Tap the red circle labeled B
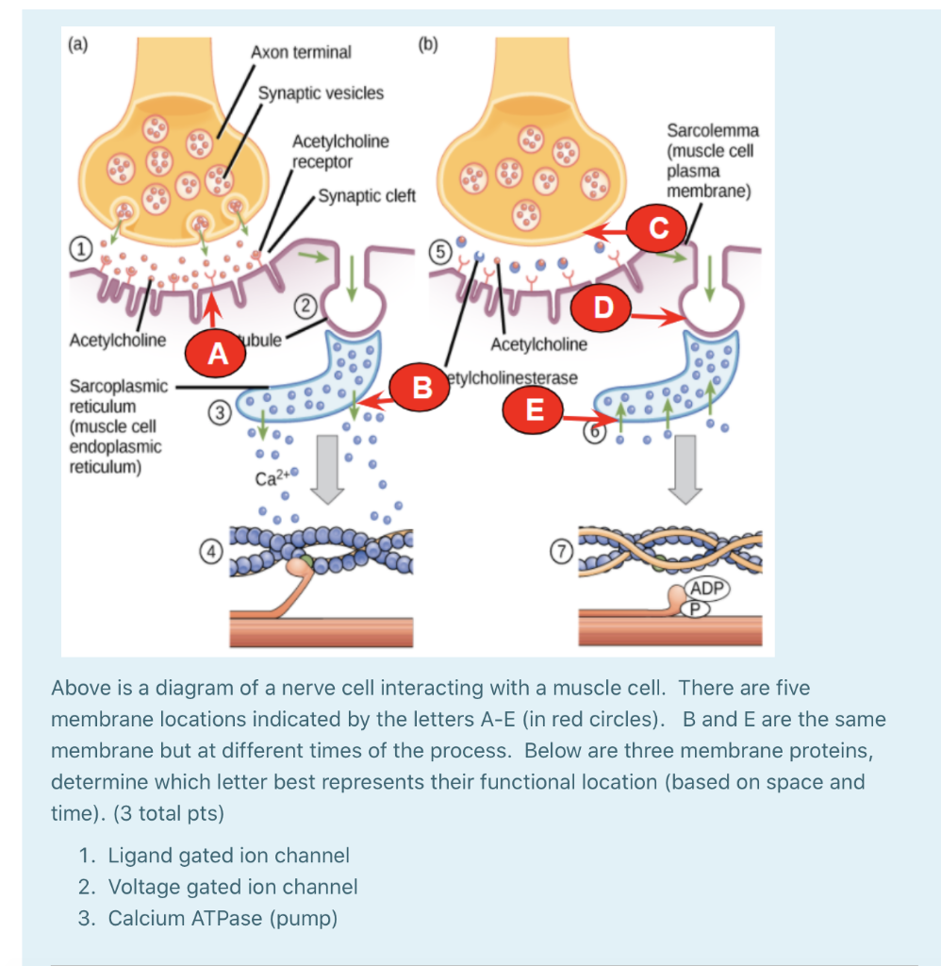pyautogui.click(x=422, y=386)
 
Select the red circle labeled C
pyautogui.click(x=658, y=227)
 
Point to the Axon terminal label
pyautogui.click(x=301, y=52)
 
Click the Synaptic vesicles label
pyautogui.click(x=322, y=92)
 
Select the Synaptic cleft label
pyautogui.click(x=367, y=196)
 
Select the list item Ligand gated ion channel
pyautogui.click(x=228, y=856)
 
